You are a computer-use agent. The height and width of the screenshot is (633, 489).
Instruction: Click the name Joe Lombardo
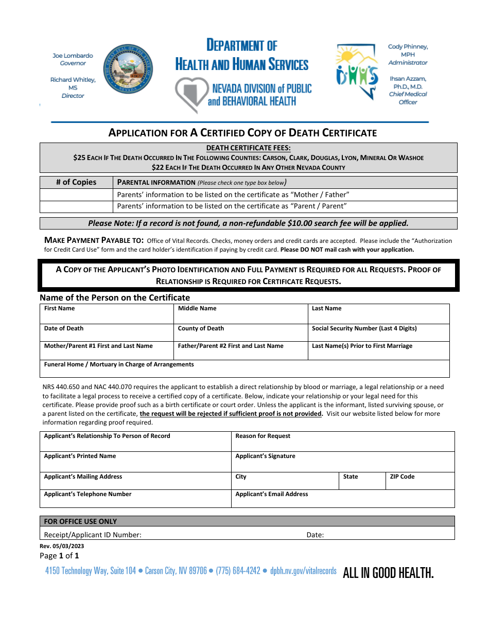73,56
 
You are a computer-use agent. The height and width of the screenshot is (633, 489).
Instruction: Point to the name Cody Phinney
408,46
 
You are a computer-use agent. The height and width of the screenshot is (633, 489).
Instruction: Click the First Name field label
59,308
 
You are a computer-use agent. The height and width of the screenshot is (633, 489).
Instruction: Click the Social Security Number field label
364,328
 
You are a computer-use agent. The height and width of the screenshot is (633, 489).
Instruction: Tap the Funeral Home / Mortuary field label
119,364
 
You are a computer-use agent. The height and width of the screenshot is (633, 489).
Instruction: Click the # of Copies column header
76,182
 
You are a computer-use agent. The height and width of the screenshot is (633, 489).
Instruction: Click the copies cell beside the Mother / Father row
76,195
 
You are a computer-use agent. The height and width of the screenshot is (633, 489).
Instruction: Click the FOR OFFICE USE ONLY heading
80,521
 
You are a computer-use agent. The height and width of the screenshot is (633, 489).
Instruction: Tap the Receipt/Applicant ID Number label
93,535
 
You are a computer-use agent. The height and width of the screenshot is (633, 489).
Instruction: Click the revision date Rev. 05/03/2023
62,546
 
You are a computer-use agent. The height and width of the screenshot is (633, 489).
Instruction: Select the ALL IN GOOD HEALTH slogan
388,573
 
